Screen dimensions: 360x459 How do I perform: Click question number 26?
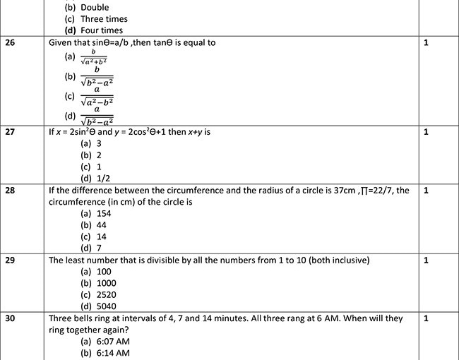11,42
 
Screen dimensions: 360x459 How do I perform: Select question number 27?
11,132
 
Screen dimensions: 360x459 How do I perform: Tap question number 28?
11,191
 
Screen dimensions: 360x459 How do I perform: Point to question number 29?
11,260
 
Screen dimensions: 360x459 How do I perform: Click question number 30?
11,318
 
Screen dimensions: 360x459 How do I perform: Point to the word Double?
95,8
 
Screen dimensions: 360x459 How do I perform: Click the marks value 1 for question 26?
426,42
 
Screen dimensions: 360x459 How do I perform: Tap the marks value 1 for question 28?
426,191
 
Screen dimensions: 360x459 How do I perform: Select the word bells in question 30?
88,318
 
